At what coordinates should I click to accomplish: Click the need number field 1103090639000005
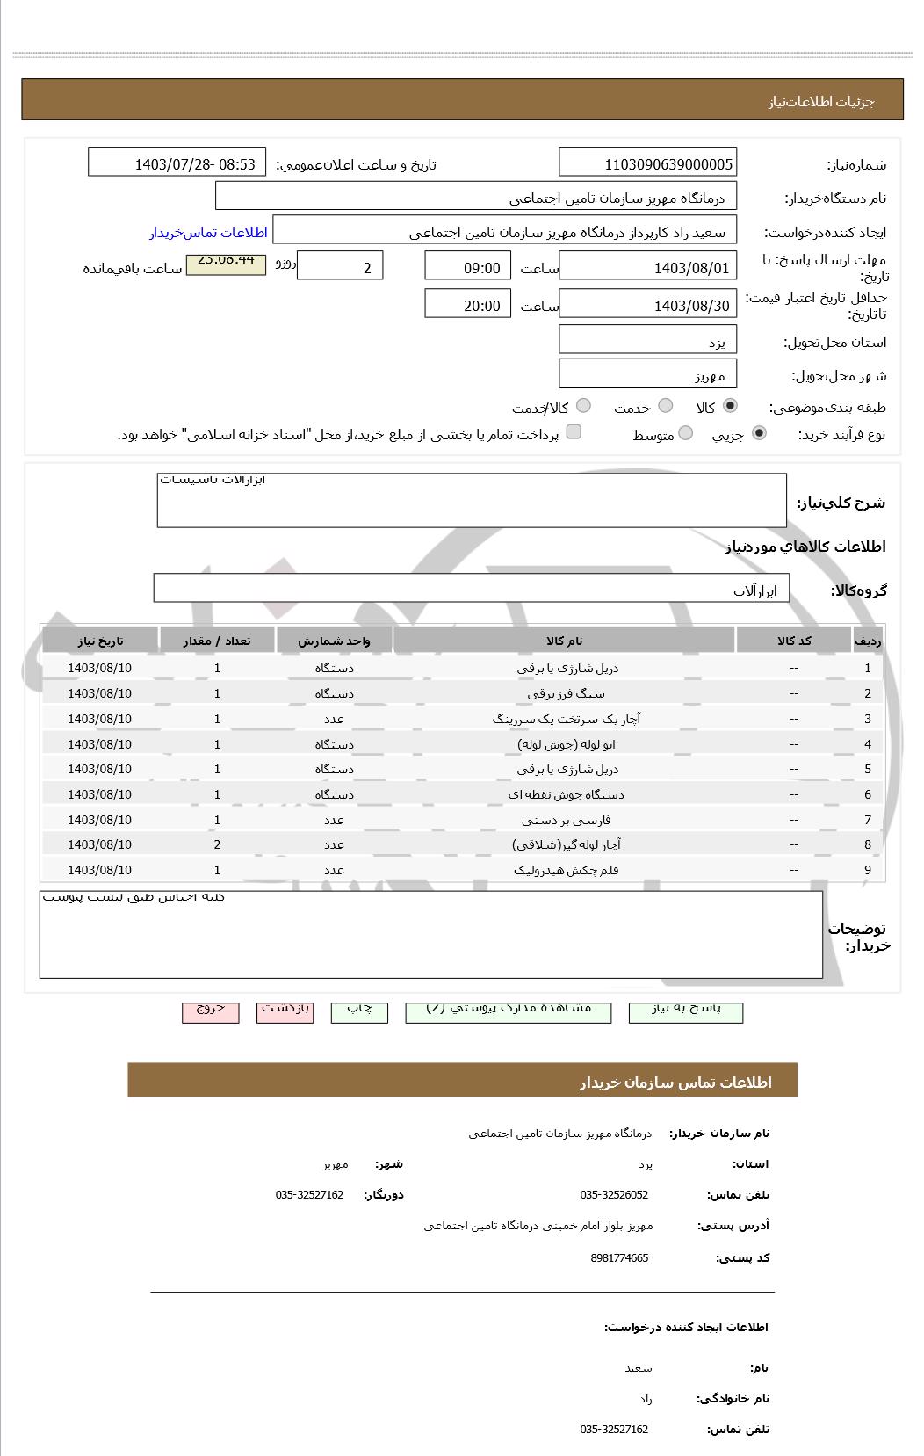(647, 163)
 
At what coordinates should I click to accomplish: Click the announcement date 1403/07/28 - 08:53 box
(177, 163)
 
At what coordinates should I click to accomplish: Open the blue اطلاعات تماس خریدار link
(208, 232)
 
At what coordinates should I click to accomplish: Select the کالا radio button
(729, 406)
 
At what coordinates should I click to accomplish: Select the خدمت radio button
(665, 406)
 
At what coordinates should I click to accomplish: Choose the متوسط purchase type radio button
(685, 433)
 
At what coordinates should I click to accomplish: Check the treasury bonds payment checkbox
(574, 431)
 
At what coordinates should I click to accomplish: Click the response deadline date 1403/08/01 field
(647, 267)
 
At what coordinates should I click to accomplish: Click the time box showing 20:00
(467, 305)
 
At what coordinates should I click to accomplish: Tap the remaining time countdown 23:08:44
(226, 264)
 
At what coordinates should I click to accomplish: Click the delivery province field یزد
(647, 341)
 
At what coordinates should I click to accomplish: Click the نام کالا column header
(564, 641)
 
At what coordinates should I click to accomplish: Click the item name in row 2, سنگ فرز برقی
(566, 693)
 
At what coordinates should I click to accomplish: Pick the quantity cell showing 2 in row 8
(217, 844)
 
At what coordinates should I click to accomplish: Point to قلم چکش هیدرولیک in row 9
(566, 870)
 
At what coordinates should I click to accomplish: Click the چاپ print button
(359, 1011)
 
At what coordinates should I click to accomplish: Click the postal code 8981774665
(619, 1257)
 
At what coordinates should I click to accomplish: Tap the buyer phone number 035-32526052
(614, 1194)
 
